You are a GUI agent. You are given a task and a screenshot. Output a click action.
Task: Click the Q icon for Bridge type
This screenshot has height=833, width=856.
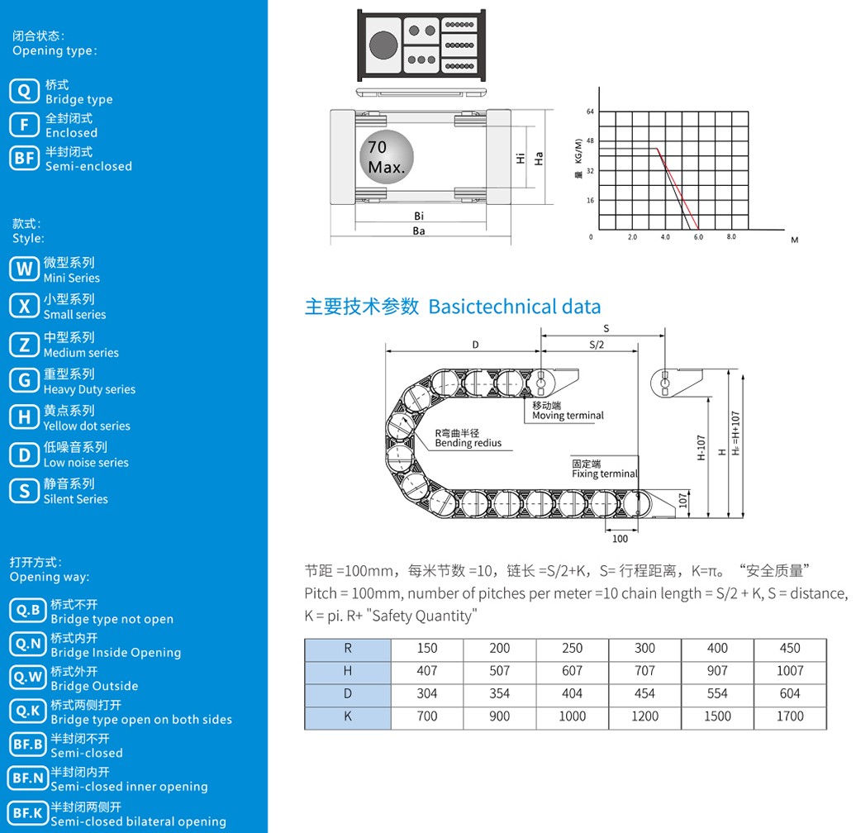pos(24,91)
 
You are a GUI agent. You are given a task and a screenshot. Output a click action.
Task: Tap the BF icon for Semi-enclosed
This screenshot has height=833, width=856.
pos(24,159)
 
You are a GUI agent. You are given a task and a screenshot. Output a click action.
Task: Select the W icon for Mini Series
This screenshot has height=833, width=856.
pos(24,269)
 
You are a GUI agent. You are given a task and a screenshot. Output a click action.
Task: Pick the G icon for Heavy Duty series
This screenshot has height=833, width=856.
pos(24,380)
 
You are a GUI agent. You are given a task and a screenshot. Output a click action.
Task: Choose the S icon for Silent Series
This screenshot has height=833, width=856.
pos(24,491)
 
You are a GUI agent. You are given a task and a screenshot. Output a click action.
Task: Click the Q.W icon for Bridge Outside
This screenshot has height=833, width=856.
pos(28,678)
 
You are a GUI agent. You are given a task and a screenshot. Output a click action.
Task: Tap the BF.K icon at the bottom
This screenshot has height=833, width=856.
pos(28,813)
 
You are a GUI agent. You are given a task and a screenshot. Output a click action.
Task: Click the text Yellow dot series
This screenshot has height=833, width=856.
pos(87,426)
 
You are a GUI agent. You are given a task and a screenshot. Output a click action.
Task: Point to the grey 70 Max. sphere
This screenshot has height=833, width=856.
pos(387,157)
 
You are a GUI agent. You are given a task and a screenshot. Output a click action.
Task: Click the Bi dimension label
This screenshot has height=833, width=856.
pos(419,217)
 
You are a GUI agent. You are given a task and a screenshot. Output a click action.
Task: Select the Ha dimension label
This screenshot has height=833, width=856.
pos(539,159)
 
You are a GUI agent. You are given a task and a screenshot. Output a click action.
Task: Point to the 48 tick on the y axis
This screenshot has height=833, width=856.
pos(590,140)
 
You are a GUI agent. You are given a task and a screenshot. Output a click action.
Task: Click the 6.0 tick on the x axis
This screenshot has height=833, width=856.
pos(698,237)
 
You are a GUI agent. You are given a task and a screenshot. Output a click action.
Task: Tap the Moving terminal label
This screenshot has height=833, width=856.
pos(568,416)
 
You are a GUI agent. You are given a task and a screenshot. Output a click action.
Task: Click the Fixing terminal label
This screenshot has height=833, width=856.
pos(605,474)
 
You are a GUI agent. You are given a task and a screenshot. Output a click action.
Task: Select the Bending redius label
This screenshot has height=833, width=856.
pos(468,443)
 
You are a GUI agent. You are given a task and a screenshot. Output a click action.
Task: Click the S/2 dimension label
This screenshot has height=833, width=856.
pos(597,345)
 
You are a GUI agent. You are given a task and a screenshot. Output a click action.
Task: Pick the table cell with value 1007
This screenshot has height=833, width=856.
pos(790,671)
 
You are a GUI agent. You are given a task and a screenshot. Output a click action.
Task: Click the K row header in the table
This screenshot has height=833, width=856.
pos(348,716)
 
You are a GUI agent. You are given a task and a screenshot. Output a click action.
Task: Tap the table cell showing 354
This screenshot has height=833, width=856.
pos(500,694)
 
